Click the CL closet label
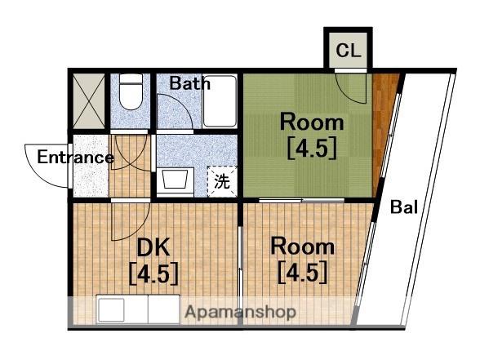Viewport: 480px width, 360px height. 348,51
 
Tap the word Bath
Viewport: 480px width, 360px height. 189,83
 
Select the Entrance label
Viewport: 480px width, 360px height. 76,158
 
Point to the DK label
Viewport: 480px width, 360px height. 153,247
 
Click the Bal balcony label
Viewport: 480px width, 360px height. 404,207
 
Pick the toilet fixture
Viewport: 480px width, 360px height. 131,91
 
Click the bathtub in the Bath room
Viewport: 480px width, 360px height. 220,101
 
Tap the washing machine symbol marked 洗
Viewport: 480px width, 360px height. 222,181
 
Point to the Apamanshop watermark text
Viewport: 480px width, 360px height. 241,312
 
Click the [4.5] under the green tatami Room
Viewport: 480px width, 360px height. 312,148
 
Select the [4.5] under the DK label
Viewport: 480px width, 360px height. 153,273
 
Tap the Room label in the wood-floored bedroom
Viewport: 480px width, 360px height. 302,247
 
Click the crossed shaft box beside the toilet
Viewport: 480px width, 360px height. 89,101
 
